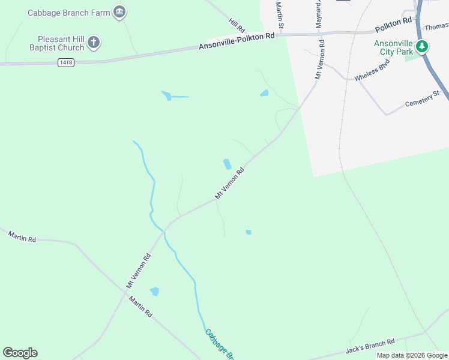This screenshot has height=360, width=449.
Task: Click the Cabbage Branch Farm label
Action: pyautogui.click(x=69, y=12)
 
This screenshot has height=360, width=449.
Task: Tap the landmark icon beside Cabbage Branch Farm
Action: pyautogui.click(x=119, y=12)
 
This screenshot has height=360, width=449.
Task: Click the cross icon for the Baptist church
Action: pyautogui.click(x=93, y=42)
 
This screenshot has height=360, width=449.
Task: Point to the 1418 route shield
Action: pyautogui.click(x=66, y=62)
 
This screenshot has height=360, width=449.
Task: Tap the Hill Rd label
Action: pyautogui.click(x=237, y=25)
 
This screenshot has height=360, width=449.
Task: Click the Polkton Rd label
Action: pyautogui.click(x=394, y=25)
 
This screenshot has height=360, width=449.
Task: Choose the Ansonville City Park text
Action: pyautogui.click(x=393, y=47)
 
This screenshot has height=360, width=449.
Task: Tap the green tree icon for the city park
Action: pyautogui.click(x=422, y=46)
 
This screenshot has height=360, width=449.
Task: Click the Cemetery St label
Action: pyautogui.click(x=423, y=98)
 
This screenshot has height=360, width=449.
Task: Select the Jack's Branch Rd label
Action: pyautogui.click(x=370, y=346)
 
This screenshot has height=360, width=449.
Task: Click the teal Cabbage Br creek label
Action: pyautogui.click(x=219, y=344)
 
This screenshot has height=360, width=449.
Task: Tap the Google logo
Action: pyautogui.click(x=20, y=353)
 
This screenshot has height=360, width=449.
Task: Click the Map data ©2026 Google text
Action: pyautogui.click(x=412, y=355)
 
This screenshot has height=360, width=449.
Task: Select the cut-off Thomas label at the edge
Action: pyautogui.click(x=436, y=27)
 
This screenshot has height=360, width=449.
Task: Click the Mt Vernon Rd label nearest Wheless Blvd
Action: pyautogui.click(x=319, y=60)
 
